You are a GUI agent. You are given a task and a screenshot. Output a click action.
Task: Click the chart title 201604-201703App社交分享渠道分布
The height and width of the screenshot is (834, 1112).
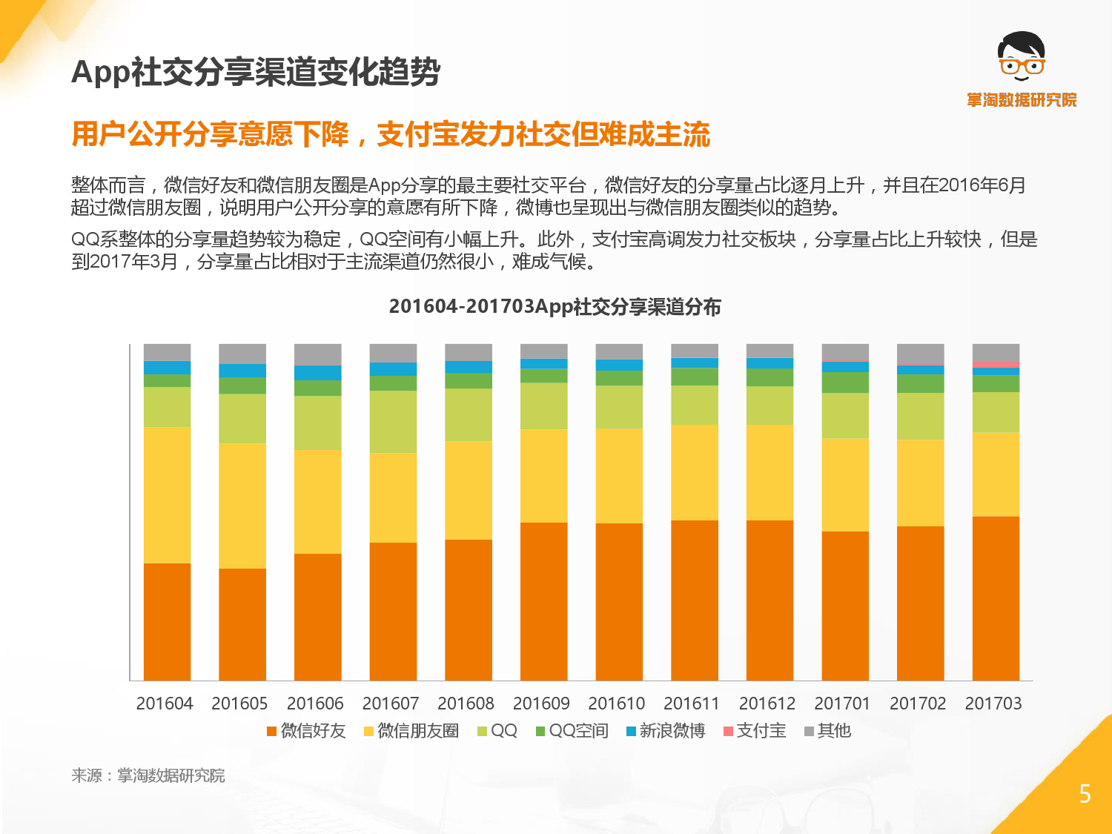[x=555, y=307]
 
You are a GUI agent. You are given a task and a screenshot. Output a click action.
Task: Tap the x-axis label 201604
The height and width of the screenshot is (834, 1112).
[x=165, y=704]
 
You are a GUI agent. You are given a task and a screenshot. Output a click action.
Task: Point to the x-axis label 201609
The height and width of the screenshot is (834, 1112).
[x=541, y=704]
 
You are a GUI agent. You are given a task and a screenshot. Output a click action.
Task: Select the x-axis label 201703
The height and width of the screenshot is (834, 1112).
[x=993, y=704]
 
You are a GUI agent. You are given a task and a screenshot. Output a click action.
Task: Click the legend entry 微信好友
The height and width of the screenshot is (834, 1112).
[x=306, y=731]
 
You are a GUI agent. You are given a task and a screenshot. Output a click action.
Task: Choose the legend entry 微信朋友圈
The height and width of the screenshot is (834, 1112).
[x=411, y=731]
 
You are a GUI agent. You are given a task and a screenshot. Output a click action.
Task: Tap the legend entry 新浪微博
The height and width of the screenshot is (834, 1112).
[x=666, y=731]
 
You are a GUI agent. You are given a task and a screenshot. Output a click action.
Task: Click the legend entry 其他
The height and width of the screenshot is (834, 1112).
[x=828, y=731]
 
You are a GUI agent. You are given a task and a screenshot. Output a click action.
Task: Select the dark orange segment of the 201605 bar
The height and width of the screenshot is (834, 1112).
[x=242, y=624]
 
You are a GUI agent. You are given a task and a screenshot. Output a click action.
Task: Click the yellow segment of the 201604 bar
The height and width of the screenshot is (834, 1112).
[x=167, y=495]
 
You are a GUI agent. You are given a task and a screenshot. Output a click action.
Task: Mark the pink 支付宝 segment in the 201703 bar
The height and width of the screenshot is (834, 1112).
[x=996, y=365]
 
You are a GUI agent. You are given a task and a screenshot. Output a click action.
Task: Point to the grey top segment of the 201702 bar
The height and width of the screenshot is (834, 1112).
[x=920, y=354]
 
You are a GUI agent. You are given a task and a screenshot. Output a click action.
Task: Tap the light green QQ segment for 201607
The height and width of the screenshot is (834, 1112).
[x=393, y=422]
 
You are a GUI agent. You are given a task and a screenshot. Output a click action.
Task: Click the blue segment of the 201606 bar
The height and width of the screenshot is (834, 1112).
[x=318, y=373]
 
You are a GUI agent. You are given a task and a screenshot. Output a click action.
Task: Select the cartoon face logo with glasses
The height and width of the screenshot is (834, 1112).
[x=1021, y=57]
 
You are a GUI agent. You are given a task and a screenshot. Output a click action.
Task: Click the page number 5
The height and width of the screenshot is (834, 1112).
[x=1085, y=794]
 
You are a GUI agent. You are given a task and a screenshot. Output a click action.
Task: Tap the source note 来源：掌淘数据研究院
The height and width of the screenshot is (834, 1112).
[x=148, y=775]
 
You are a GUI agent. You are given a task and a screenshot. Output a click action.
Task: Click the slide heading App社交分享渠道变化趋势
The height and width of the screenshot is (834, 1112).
[x=256, y=73]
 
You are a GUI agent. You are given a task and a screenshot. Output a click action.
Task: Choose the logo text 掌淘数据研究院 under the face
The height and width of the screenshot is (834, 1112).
[x=1022, y=100]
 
